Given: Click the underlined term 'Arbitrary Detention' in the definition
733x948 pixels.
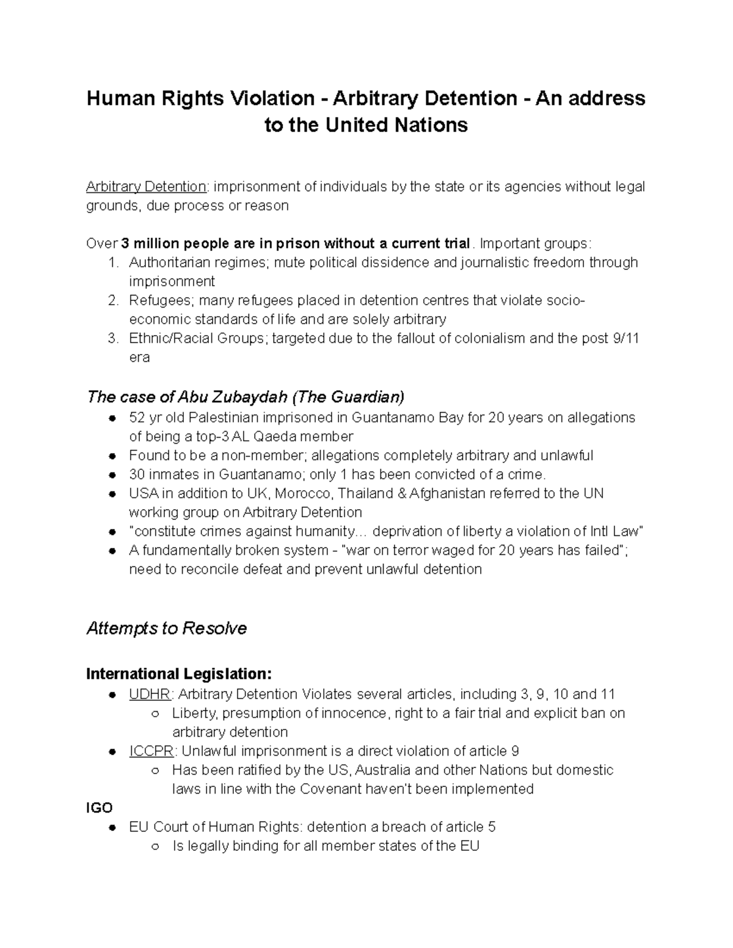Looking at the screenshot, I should coord(146,186).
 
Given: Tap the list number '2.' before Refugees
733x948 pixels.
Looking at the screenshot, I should coord(112,300).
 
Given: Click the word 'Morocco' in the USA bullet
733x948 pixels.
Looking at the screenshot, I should coord(307,493).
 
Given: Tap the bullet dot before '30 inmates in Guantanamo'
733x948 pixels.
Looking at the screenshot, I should coord(112,475).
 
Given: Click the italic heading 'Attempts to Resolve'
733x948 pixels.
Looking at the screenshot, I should coord(167,628).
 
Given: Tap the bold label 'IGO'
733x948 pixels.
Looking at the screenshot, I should coord(100,808).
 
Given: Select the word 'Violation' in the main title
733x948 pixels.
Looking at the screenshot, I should coord(271,98).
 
